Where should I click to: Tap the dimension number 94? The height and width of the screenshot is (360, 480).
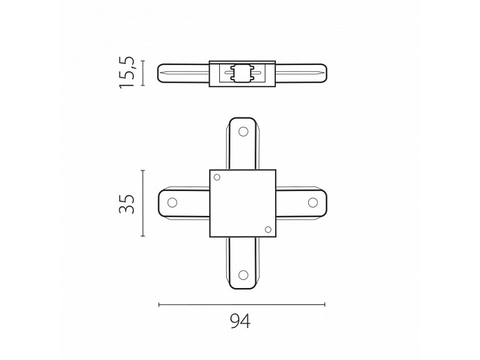(x=240, y=321)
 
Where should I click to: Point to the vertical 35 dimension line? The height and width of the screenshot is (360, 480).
(x=143, y=203)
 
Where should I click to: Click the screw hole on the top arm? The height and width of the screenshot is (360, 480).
(x=243, y=131)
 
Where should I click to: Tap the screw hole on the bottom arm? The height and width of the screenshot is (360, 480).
(x=243, y=275)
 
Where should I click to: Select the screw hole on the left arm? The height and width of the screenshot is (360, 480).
(x=172, y=203)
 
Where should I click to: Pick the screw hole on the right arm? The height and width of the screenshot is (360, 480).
(x=313, y=203)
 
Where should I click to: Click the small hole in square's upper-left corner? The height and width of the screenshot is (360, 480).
(x=217, y=177)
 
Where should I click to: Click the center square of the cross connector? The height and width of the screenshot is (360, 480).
(x=242, y=203)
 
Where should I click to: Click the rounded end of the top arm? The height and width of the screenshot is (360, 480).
(x=243, y=119)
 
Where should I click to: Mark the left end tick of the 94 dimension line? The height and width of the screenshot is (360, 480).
(x=159, y=305)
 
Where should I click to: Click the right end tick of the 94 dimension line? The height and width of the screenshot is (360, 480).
(x=325, y=305)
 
